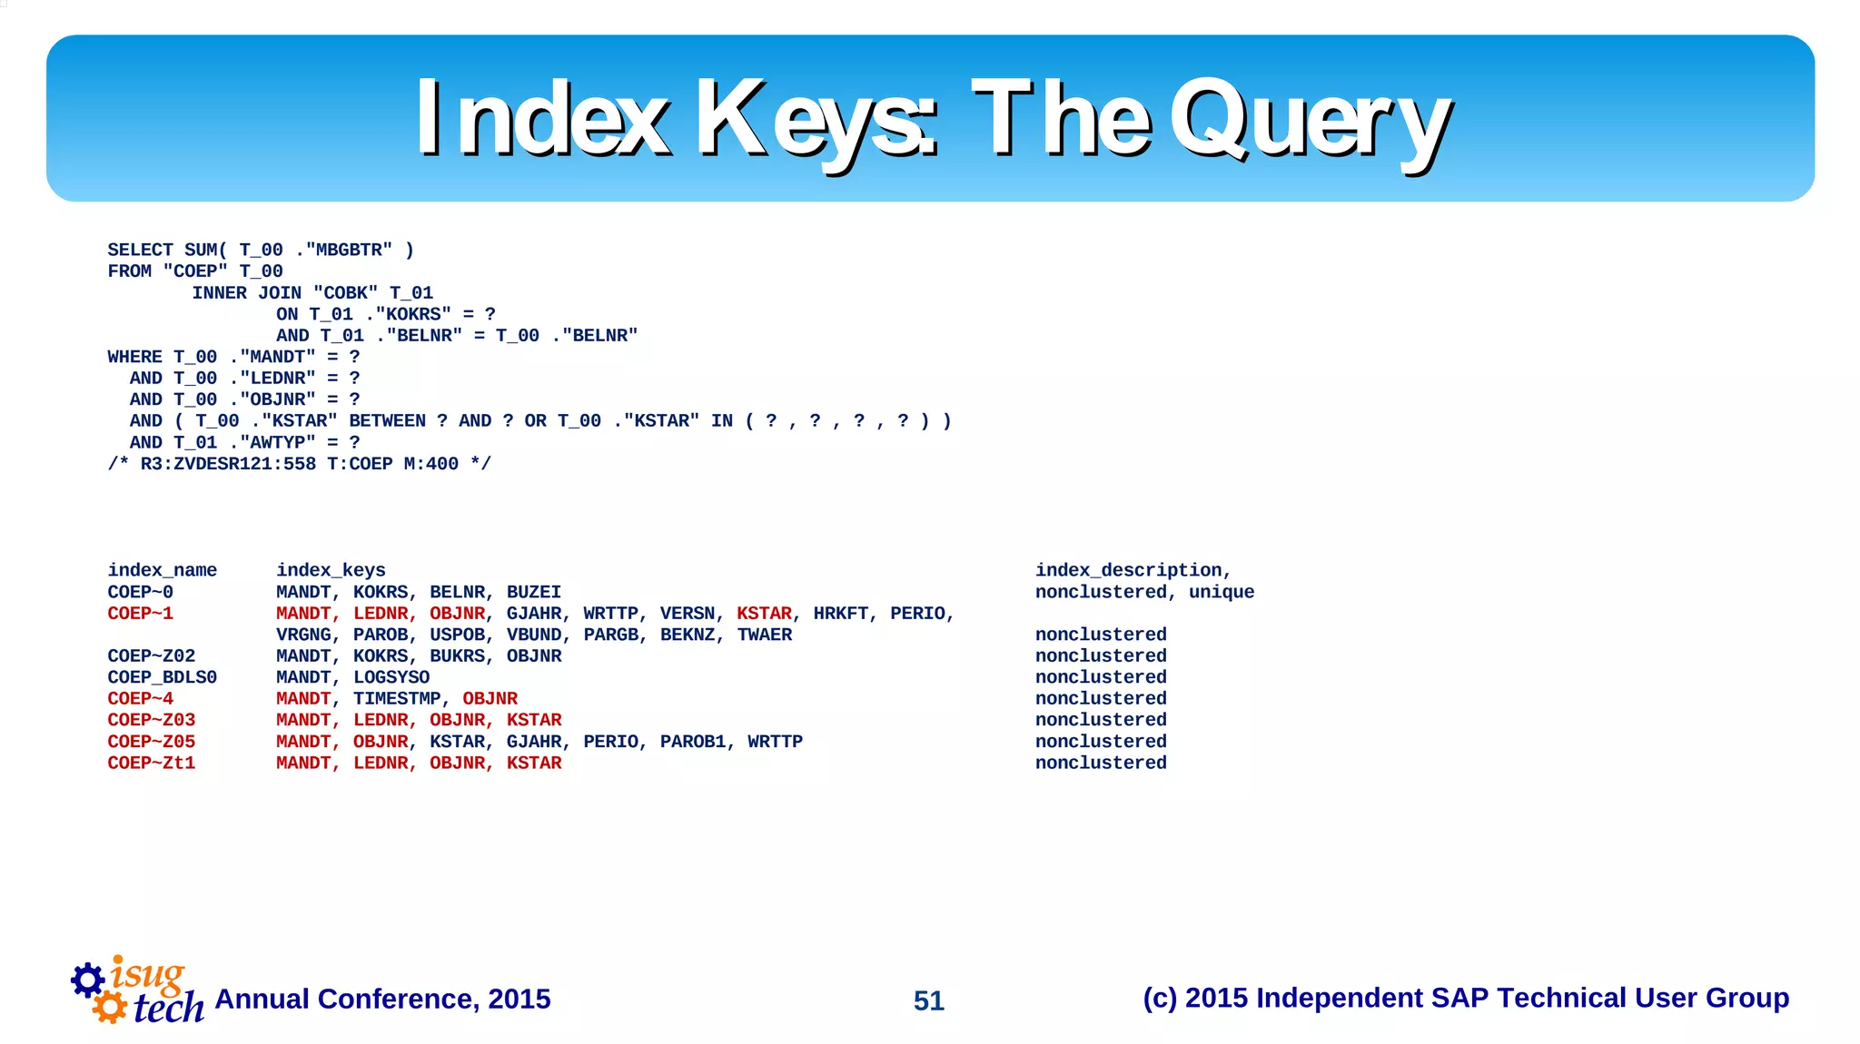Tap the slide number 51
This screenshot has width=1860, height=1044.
(x=928, y=1000)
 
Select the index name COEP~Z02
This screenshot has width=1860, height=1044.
(x=151, y=655)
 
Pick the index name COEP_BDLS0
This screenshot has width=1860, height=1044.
(x=162, y=677)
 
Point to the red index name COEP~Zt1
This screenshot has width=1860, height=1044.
(x=151, y=763)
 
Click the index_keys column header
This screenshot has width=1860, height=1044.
(x=331, y=570)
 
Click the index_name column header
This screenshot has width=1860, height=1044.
(x=162, y=570)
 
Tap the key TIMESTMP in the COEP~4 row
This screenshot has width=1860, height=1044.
(x=397, y=698)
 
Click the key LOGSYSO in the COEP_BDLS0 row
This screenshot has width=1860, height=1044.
(x=391, y=677)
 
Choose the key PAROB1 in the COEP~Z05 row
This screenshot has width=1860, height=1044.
(x=693, y=741)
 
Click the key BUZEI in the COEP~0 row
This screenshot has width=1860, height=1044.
(x=533, y=592)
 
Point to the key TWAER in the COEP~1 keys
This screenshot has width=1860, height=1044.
(x=764, y=635)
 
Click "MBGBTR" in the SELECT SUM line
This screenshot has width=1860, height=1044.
(x=349, y=250)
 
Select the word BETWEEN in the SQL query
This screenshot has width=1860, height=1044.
(x=387, y=420)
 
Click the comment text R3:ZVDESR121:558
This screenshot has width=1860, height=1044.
(x=228, y=464)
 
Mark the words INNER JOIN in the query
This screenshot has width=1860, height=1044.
(x=246, y=292)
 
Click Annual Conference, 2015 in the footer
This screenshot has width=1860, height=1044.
(x=382, y=999)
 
